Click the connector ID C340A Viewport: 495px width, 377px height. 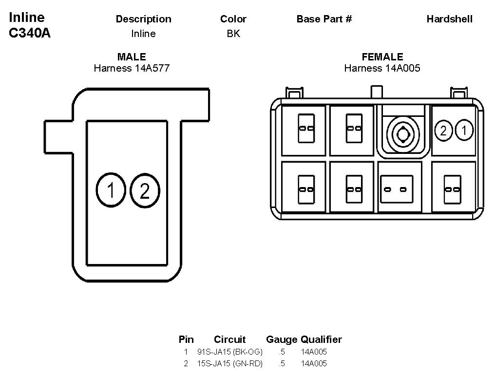30,34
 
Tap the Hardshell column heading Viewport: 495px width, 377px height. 449,19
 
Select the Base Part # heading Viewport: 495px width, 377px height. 324,19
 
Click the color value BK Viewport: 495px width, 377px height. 233,34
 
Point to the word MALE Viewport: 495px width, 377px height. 132,57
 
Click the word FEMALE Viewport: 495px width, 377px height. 382,57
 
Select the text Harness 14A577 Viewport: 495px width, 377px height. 132,68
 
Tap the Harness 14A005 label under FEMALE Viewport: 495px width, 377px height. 382,68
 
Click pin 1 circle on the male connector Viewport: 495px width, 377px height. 111,190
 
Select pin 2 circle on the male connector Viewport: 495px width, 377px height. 145,191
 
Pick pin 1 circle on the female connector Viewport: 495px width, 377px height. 464,131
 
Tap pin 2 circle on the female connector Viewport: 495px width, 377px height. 443,131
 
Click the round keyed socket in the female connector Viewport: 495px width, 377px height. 402,132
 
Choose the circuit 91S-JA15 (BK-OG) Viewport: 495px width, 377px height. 230,352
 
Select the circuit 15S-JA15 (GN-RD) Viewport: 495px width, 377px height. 230,363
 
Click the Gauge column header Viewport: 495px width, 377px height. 282,339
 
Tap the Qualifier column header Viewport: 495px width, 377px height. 321,339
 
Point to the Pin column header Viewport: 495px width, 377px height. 186,339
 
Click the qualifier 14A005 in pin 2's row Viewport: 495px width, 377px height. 314,363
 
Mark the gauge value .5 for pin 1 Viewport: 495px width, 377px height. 282,352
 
